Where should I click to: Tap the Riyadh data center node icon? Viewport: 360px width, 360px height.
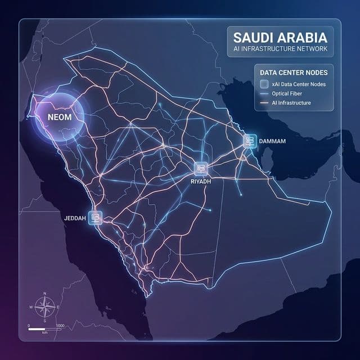point(201,168)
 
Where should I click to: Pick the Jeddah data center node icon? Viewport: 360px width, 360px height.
point(96,217)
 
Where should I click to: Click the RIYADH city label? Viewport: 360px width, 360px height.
point(200,182)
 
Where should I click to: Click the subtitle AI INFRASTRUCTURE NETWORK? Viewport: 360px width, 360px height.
point(280,50)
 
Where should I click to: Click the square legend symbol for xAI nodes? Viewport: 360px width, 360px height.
point(264,84)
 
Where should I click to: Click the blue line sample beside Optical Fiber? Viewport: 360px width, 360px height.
point(264,94)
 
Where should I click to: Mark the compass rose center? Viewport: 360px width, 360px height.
point(44,307)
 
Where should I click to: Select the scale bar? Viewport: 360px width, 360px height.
point(45,328)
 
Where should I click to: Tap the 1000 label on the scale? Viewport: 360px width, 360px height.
point(61,326)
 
